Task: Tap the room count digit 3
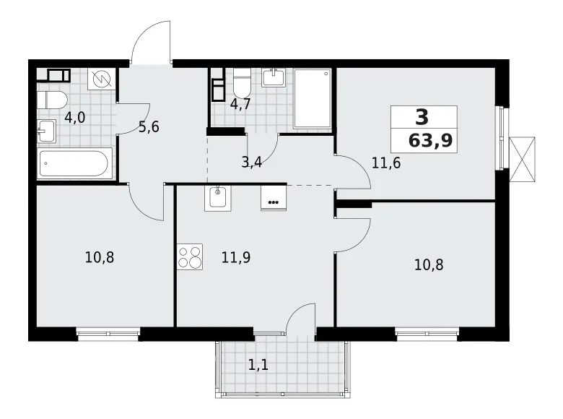422,116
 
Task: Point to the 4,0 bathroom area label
74,117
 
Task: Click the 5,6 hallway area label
148,127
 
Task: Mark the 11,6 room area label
386,162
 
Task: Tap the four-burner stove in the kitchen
191,257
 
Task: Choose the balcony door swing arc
302,318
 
